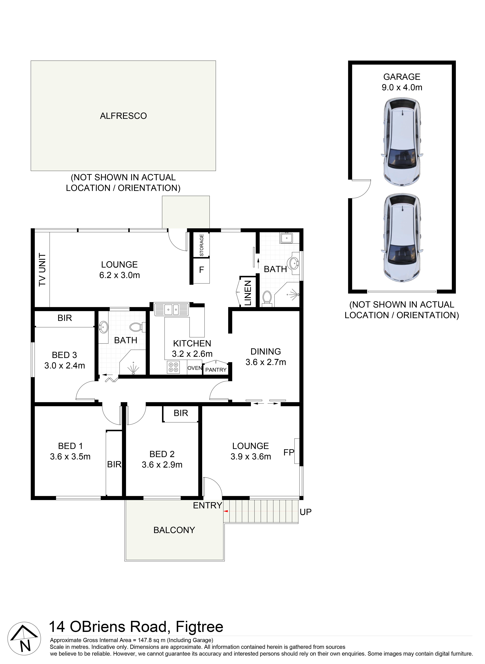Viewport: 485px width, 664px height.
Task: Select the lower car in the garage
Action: click(402, 238)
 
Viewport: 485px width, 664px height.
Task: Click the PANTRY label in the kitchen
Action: click(216, 370)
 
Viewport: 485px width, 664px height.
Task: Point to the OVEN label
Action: click(195, 368)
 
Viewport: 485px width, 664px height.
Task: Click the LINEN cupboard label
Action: click(248, 293)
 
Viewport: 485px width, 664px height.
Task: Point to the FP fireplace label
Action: click(289, 452)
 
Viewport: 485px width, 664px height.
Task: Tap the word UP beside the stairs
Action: click(306, 512)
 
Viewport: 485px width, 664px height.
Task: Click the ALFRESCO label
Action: click(123, 116)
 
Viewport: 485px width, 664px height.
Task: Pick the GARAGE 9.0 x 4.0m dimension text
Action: click(402, 87)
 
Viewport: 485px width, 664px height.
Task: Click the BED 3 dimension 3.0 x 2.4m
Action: click(65, 366)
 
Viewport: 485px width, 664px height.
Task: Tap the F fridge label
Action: click(201, 270)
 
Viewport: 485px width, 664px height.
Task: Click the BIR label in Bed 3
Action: click(65, 318)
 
